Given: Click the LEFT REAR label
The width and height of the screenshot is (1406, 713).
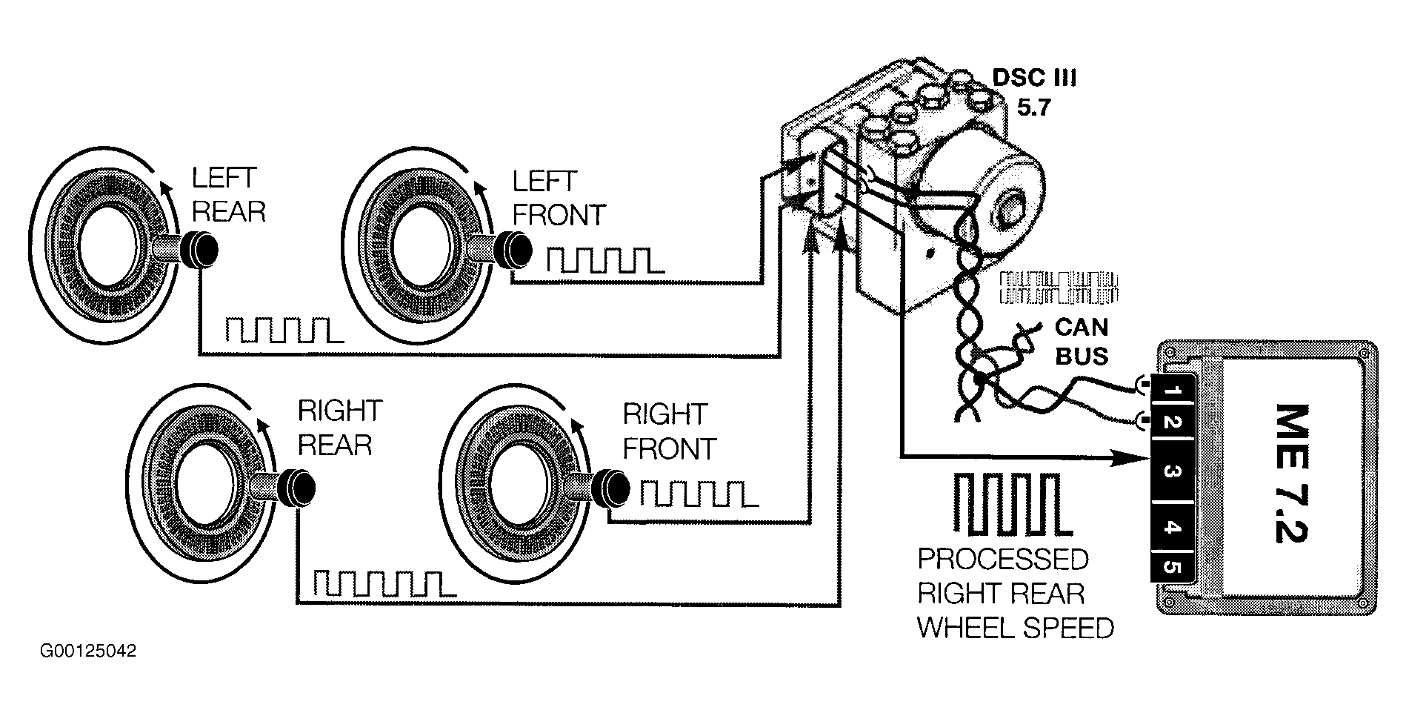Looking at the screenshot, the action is pos(227,195).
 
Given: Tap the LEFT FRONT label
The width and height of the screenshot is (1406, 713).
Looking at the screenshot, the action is pos(559,198).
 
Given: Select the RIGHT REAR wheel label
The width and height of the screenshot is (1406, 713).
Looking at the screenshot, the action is pos(339,428).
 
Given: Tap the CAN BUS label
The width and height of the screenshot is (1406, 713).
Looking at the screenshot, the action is pos(1081,342).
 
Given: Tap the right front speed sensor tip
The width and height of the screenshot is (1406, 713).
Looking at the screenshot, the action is pos(612,485).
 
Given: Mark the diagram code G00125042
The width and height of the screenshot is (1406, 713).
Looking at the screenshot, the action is pos(88,651).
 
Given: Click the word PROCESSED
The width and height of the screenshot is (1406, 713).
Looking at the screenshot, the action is pos(1003,560).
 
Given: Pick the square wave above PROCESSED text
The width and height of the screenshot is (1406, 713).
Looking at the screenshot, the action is pos(1013,504).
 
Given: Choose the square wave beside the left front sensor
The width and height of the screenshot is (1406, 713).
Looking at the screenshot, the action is pos(604,260).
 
